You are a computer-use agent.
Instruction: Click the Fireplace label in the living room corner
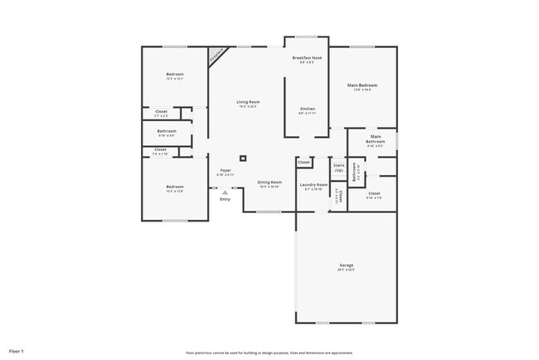click(216, 56)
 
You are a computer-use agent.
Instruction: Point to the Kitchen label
click(307, 109)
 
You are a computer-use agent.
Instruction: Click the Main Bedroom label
click(362, 85)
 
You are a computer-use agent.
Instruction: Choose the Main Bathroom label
click(376, 139)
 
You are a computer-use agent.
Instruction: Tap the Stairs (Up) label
click(338, 168)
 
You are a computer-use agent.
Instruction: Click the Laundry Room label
click(313, 185)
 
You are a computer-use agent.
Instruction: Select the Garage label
click(345, 265)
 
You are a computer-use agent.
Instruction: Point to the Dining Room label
click(269, 182)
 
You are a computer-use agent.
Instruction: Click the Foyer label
click(225, 170)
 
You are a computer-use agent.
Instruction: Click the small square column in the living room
click(243, 158)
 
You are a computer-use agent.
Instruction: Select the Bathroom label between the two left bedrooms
click(167, 131)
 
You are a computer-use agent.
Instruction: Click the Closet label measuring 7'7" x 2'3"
click(161, 111)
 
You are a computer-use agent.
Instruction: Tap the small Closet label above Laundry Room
click(304, 162)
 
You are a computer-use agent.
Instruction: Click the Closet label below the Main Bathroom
click(374, 193)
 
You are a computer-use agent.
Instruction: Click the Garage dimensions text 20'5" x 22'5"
click(345, 270)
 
